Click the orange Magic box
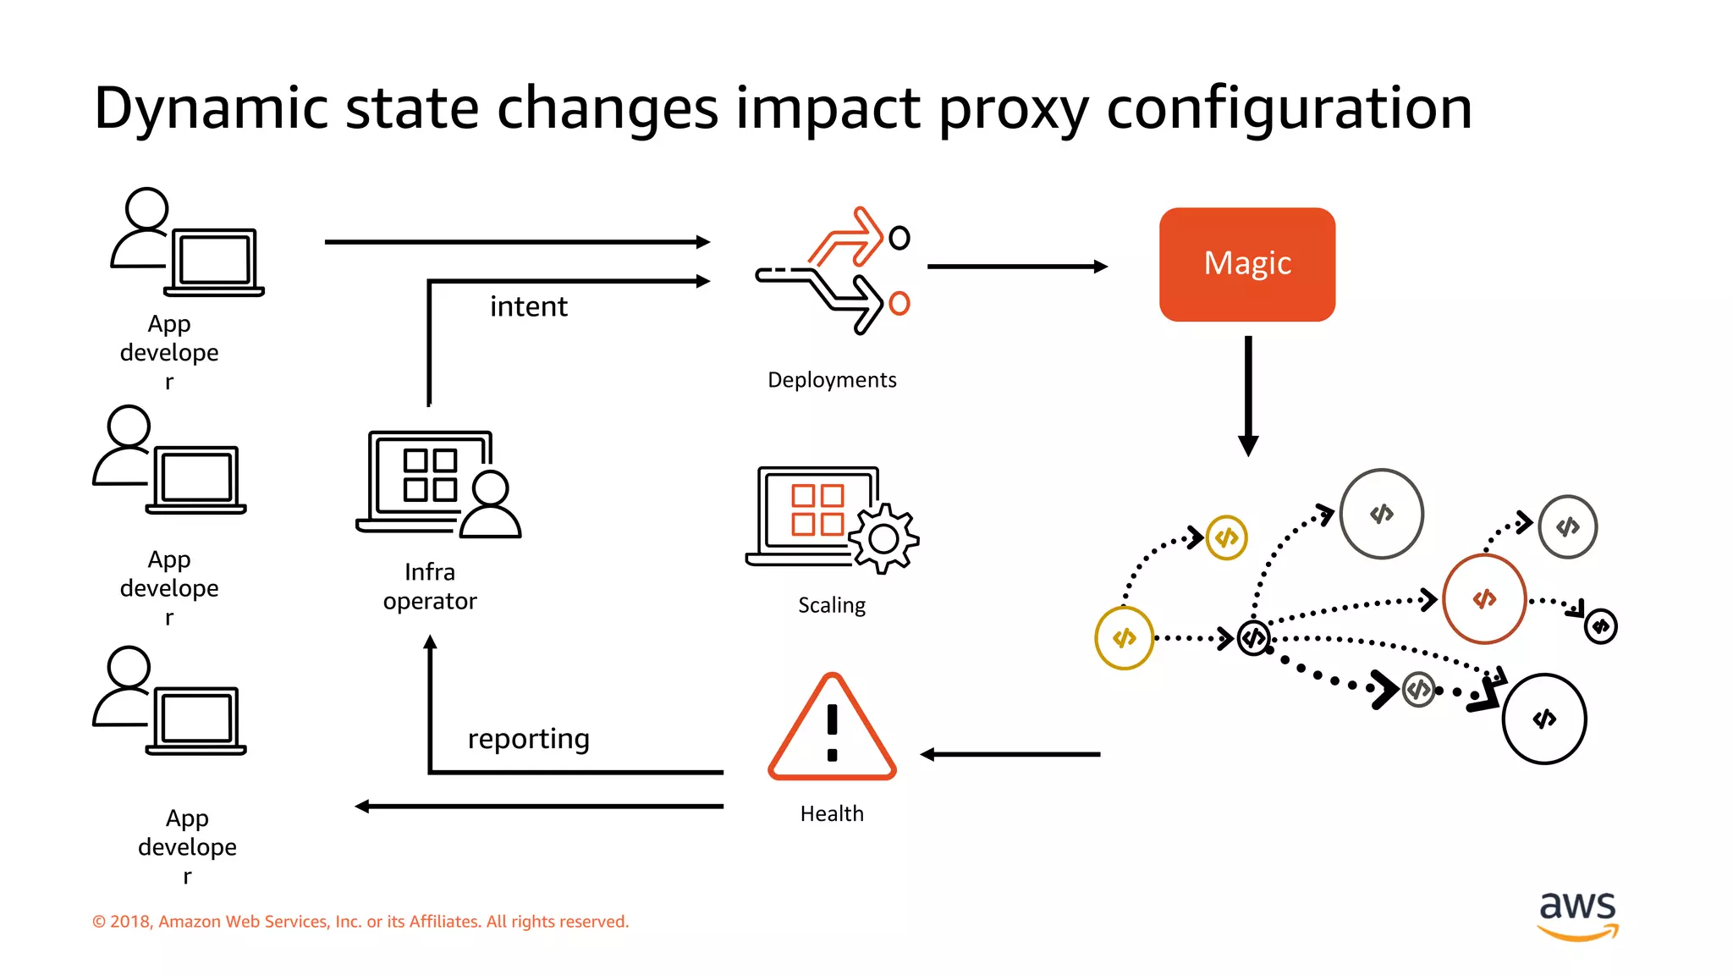click(1246, 264)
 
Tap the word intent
click(528, 306)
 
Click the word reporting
click(528, 739)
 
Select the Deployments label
click(832, 380)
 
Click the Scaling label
click(832, 605)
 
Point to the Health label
click(832, 813)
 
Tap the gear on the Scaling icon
click(883, 538)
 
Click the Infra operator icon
click(437, 484)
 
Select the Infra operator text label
click(430, 587)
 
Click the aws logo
click(1577, 914)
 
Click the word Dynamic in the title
click(211, 108)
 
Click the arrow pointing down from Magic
click(1248, 395)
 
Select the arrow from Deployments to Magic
click(1016, 267)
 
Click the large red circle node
click(1484, 599)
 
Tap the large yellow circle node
click(1124, 638)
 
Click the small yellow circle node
click(1226, 537)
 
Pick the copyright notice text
click(360, 922)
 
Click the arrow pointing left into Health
click(1010, 754)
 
